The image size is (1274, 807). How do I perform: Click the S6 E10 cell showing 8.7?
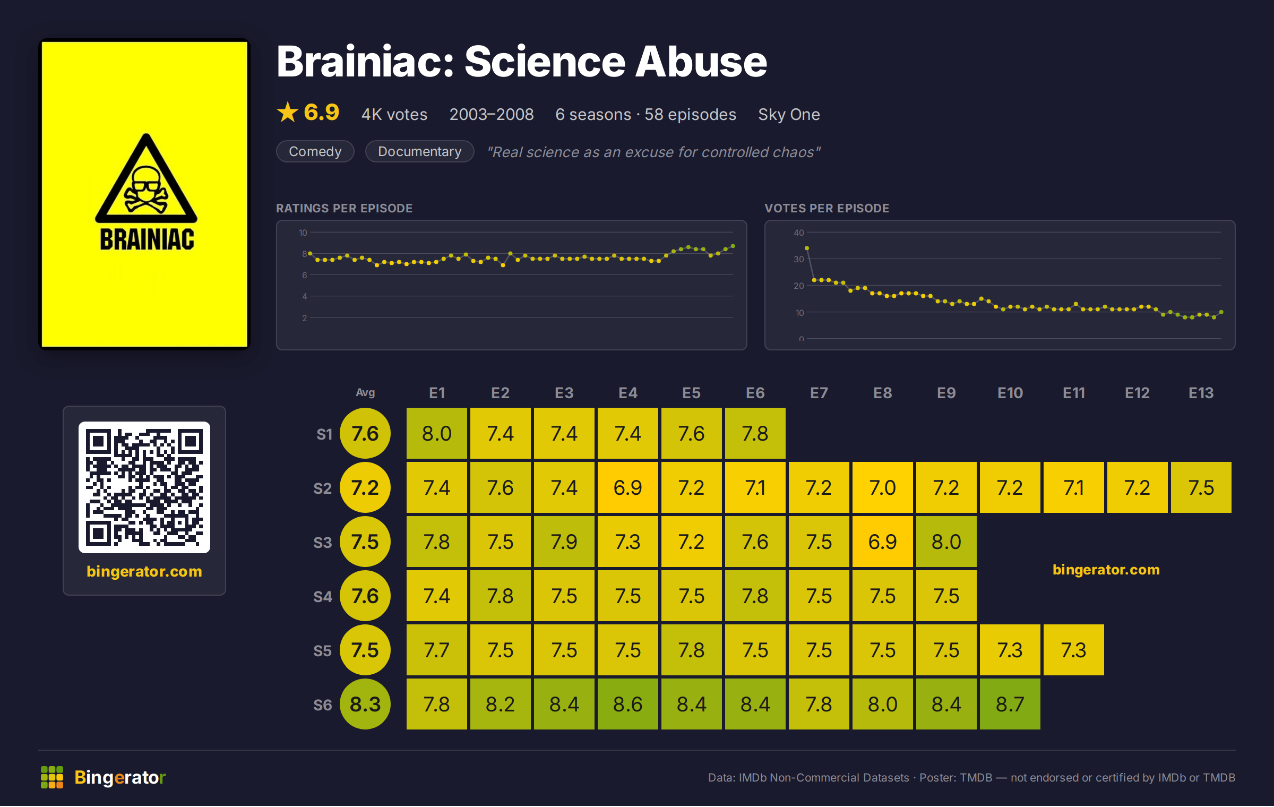tap(1010, 704)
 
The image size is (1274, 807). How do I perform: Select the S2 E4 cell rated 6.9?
tap(627, 487)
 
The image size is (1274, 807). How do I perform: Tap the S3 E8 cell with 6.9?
tap(882, 542)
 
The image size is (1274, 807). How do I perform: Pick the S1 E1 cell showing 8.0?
tap(436, 433)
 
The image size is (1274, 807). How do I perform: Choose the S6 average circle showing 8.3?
tap(365, 704)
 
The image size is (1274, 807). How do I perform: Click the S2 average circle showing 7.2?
tap(365, 487)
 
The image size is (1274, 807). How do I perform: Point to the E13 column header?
tap(1201, 393)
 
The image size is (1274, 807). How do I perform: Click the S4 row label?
tap(322, 596)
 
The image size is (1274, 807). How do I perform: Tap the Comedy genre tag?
tap(315, 151)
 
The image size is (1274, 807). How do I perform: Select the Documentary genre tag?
tap(419, 151)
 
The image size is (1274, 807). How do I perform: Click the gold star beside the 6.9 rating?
tap(288, 112)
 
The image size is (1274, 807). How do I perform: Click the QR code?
tap(144, 487)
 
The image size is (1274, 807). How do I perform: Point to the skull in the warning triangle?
tap(145, 189)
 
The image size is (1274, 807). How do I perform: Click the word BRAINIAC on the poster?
tap(147, 239)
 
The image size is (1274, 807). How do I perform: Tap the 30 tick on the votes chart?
tap(798, 259)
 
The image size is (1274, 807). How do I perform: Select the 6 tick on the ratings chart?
tap(305, 275)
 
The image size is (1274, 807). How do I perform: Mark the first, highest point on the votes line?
tap(807, 248)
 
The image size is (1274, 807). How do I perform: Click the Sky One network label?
tap(789, 114)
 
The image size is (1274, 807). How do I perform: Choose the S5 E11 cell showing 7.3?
tap(1073, 650)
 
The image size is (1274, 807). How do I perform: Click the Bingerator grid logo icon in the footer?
tap(52, 777)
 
